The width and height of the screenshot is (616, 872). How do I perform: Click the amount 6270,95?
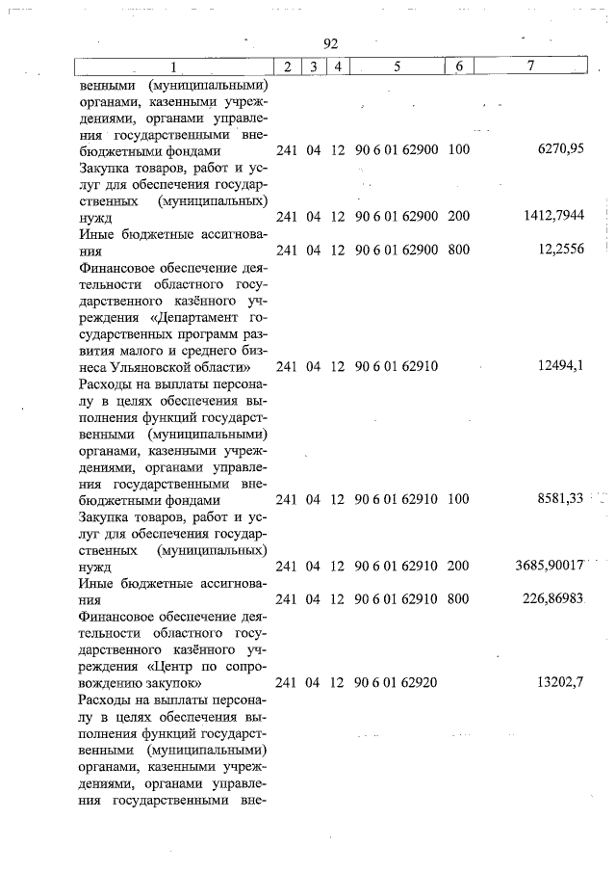(557, 151)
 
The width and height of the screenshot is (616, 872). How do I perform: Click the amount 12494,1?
(557, 366)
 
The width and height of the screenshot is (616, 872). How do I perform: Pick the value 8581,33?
(555, 499)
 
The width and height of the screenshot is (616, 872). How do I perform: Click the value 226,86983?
(551, 598)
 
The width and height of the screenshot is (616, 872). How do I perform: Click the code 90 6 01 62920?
(397, 682)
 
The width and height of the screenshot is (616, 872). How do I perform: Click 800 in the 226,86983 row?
(458, 598)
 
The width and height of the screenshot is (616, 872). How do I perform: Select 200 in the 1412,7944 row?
(458, 217)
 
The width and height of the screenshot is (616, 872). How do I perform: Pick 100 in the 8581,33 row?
(458, 499)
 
